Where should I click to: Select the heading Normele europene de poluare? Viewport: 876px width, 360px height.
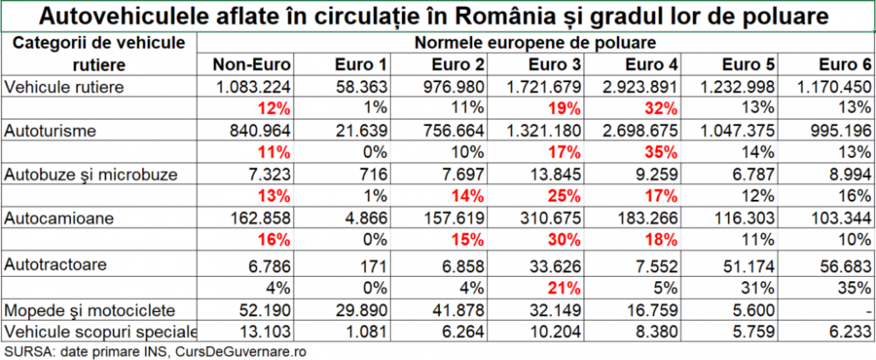coord(536,41)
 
